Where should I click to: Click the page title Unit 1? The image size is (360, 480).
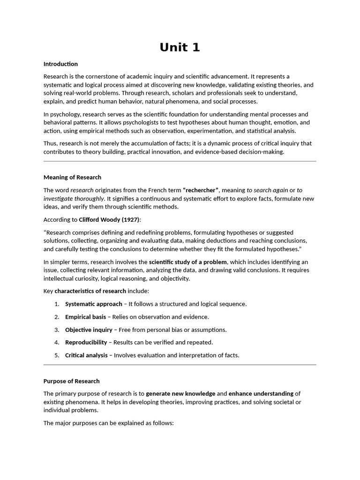click(x=180, y=47)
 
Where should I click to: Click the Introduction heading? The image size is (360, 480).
click(x=60, y=64)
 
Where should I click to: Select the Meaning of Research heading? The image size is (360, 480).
click(x=72, y=177)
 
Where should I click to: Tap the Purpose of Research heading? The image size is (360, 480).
click(x=71, y=381)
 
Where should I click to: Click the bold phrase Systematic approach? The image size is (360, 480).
click(x=93, y=304)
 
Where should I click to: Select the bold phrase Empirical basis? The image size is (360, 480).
click(x=85, y=317)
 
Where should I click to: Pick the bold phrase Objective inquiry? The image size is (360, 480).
click(x=89, y=330)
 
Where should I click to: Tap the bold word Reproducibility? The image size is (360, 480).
click(x=86, y=342)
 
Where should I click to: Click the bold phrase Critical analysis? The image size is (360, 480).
click(x=86, y=355)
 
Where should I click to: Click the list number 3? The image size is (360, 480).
click(x=56, y=330)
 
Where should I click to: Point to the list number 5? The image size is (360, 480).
click(x=56, y=355)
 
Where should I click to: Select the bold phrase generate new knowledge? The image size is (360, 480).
click(x=180, y=394)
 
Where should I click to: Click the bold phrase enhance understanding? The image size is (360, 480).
click(x=261, y=394)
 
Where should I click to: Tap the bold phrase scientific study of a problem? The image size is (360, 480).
click(x=188, y=262)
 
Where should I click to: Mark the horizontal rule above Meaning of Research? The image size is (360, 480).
click(x=180, y=161)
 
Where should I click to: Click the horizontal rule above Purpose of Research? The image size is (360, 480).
click(x=180, y=365)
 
